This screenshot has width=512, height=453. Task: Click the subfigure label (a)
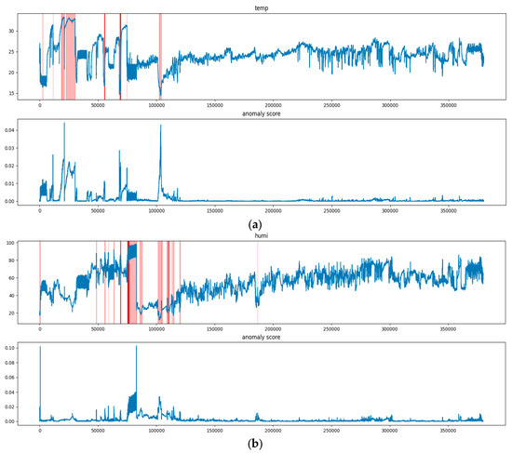(256, 224)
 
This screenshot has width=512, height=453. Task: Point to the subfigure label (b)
(256, 445)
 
